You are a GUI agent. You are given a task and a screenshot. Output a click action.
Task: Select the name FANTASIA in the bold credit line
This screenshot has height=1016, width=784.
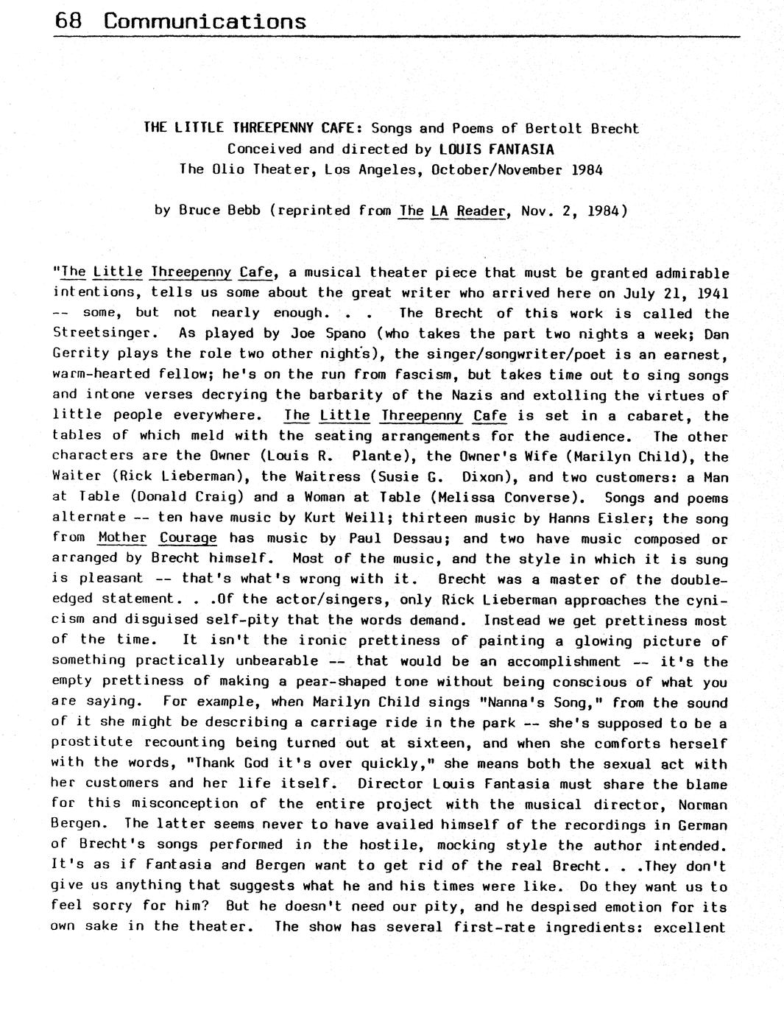[518, 149]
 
